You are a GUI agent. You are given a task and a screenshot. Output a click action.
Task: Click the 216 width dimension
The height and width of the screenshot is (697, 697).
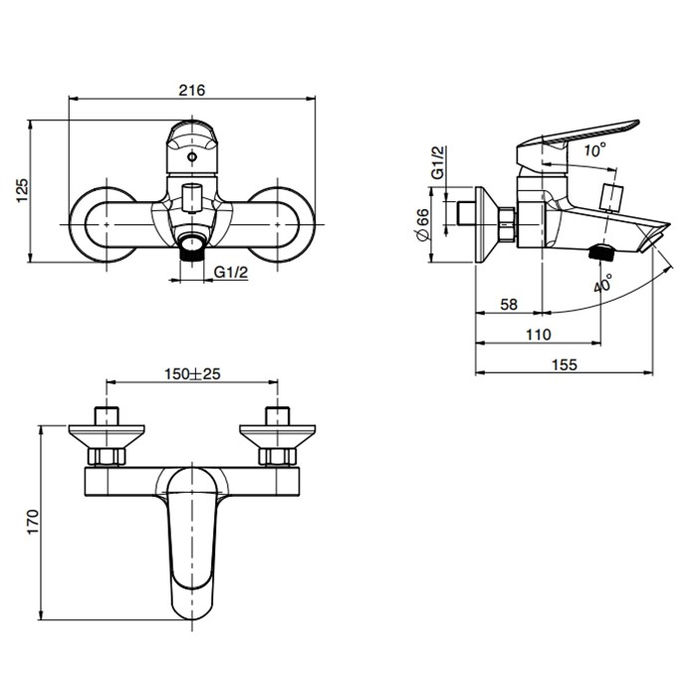[x=192, y=90]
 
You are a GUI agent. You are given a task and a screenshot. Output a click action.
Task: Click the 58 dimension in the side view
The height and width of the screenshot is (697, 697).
[x=508, y=305]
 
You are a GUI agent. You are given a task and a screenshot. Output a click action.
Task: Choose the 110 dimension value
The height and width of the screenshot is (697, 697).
[x=538, y=335]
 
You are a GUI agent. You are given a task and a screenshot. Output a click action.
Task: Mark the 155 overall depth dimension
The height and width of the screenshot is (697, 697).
[x=564, y=364]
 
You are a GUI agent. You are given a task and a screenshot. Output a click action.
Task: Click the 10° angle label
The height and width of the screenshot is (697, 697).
[x=593, y=151]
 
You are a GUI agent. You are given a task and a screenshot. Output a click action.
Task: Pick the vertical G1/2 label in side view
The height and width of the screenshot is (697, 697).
[x=438, y=162]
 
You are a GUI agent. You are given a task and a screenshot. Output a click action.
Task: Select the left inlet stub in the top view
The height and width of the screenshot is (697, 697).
[x=106, y=415]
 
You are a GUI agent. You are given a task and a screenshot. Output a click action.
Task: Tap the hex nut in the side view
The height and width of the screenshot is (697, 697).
[x=509, y=226]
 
